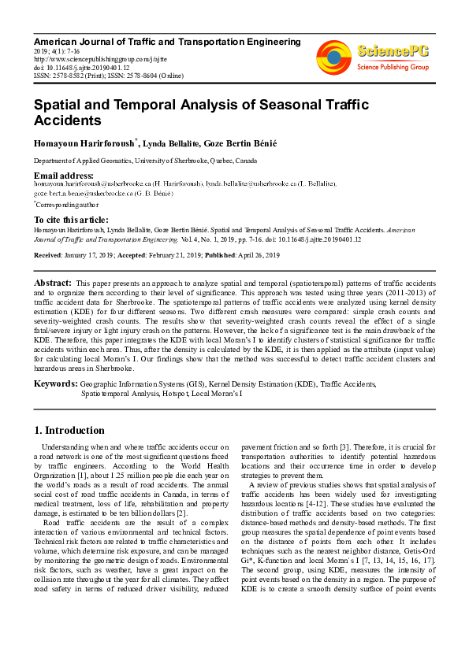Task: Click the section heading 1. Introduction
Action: coord(69,431)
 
